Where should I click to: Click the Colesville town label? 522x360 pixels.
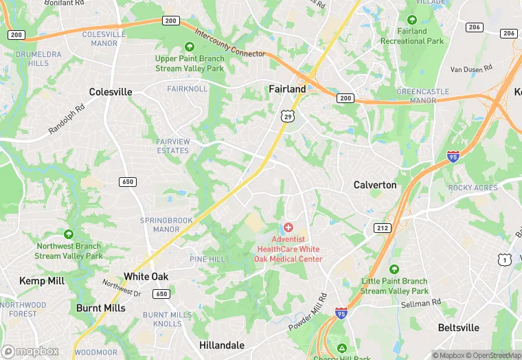click(111, 91)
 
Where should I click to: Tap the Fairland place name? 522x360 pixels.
click(287, 89)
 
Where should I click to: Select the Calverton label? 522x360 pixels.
click(375, 185)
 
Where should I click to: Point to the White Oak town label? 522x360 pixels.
click(146, 276)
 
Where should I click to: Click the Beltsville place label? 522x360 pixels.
click(459, 328)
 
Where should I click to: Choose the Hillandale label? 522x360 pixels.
click(222, 344)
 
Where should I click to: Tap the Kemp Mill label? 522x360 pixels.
click(42, 281)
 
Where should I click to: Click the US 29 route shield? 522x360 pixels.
click(286, 116)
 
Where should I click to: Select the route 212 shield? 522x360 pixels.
click(383, 227)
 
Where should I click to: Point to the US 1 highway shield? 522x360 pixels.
click(505, 259)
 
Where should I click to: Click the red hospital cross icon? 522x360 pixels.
click(288, 227)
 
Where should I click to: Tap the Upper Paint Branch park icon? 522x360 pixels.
click(190, 47)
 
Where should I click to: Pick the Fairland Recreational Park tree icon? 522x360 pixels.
click(412, 20)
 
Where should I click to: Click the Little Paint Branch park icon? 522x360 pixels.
click(394, 269)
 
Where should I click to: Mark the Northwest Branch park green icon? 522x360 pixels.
click(68, 234)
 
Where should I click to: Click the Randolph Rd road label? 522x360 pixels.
click(67, 119)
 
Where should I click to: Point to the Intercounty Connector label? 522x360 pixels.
click(230, 43)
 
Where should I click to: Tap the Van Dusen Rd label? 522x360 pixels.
click(472, 69)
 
